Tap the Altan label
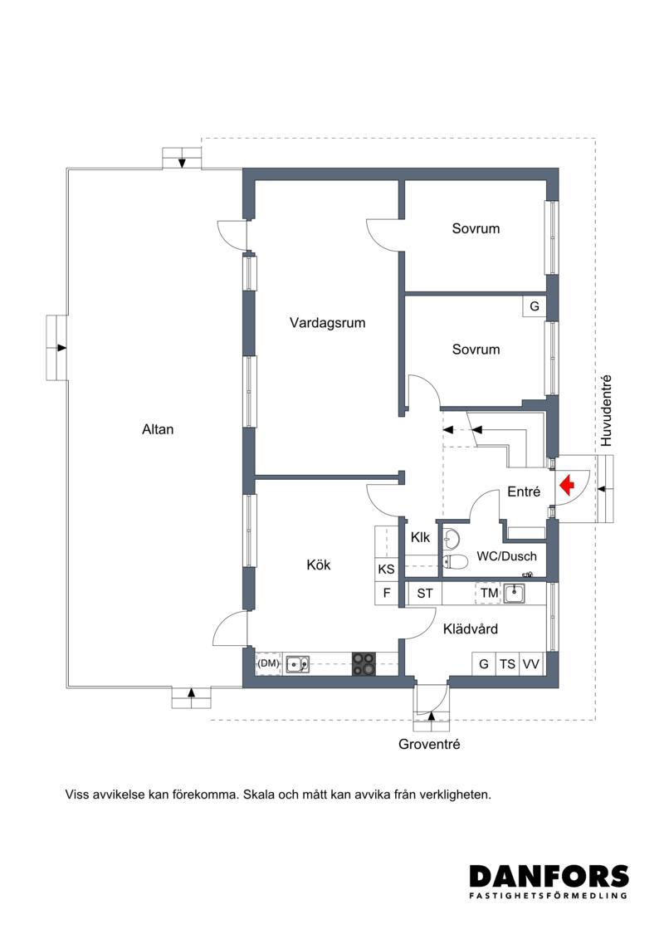(x=158, y=429)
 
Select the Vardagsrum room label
(x=328, y=324)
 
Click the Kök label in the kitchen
(x=319, y=565)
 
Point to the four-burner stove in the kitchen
(x=364, y=664)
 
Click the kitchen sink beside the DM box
(x=298, y=664)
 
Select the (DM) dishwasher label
(x=269, y=663)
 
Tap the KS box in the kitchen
(x=387, y=569)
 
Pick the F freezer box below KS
(x=387, y=594)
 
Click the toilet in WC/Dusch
(x=455, y=561)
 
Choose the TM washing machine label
(x=489, y=594)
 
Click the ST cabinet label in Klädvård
(x=425, y=594)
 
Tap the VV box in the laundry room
(x=531, y=664)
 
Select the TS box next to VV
(x=508, y=664)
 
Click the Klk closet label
(x=420, y=538)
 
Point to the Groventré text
(x=429, y=745)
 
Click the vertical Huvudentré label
(x=607, y=411)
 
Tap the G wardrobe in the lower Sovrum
(x=534, y=306)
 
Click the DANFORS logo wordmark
(x=549, y=876)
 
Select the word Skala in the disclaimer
(x=259, y=795)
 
